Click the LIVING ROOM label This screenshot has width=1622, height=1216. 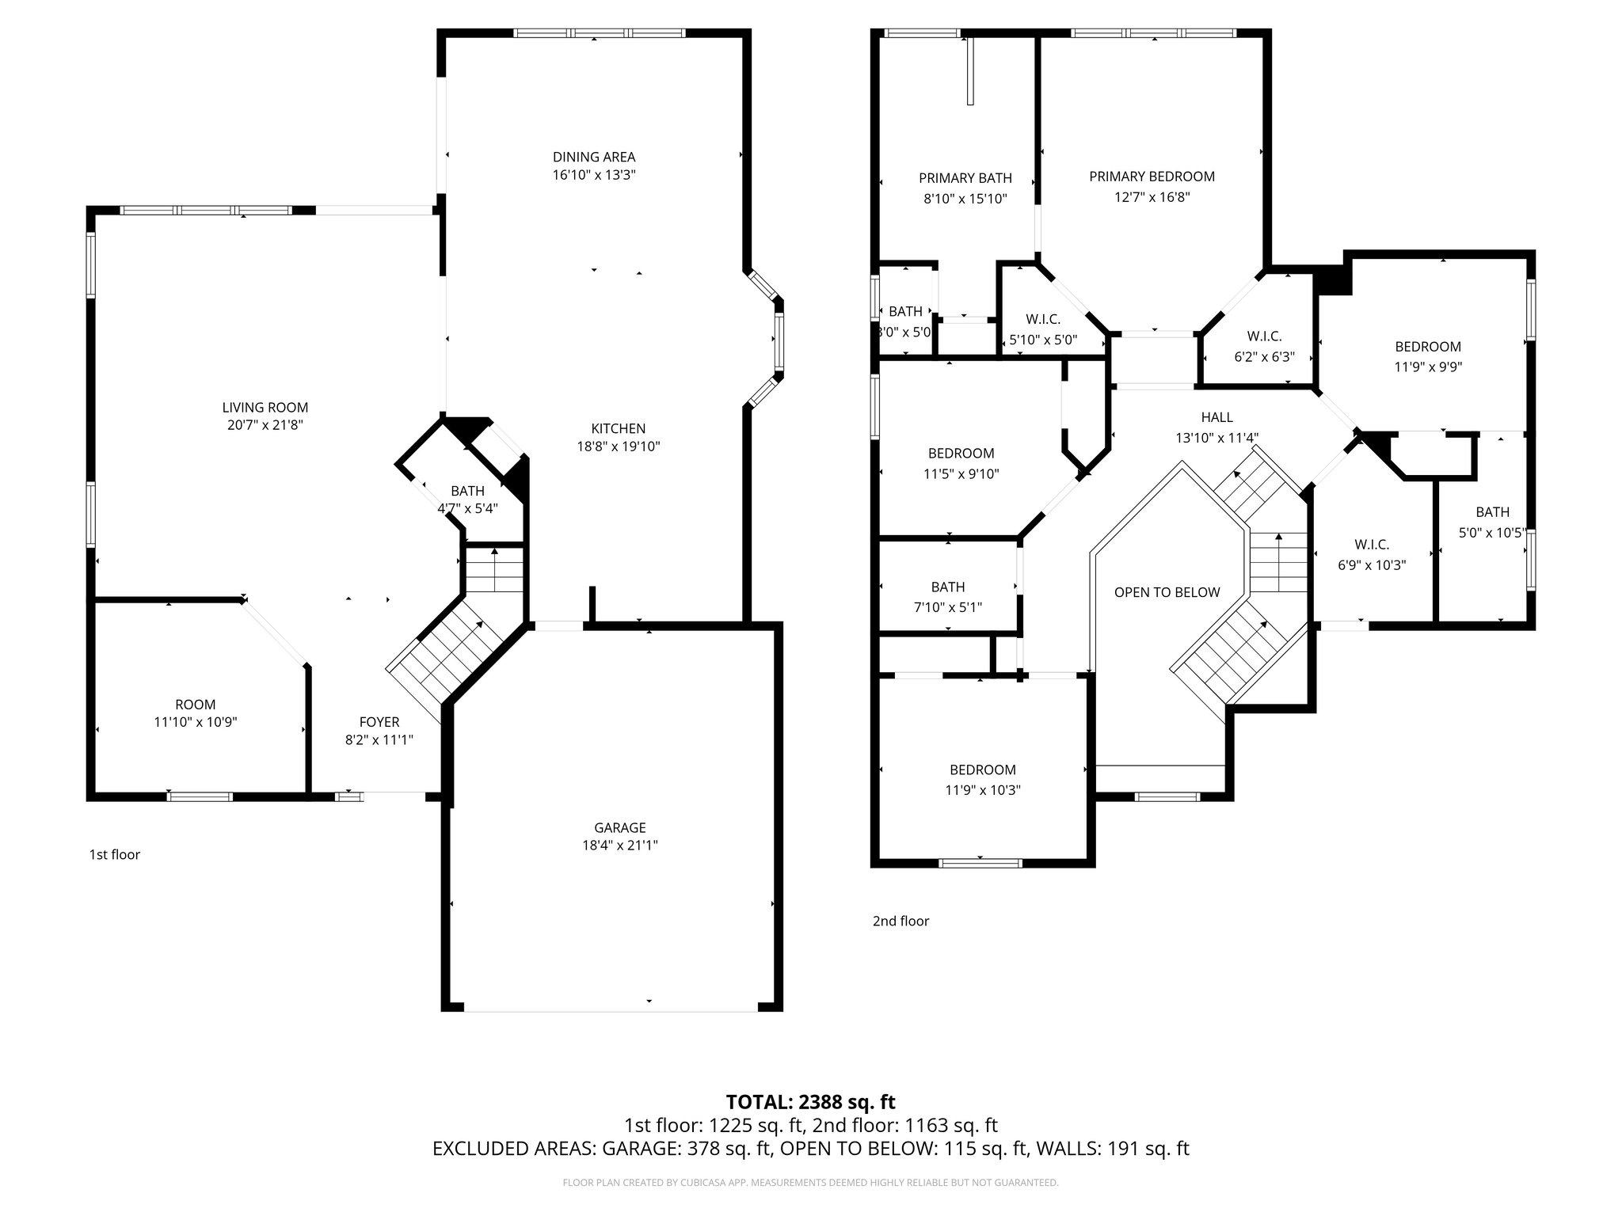(265, 408)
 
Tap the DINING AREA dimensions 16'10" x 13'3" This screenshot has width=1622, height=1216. (594, 175)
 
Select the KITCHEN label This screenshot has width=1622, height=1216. (618, 428)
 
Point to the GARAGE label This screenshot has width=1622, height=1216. (619, 827)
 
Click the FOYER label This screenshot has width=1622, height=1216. (379, 722)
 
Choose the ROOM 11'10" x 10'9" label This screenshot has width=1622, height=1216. (196, 705)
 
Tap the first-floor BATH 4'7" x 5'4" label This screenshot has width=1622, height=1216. (467, 491)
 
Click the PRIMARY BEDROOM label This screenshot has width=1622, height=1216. (1152, 177)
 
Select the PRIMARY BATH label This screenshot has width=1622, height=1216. (965, 178)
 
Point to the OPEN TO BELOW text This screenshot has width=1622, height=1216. (1167, 592)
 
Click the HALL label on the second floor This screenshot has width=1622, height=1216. (1216, 417)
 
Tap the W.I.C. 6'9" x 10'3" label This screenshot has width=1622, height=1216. (1371, 545)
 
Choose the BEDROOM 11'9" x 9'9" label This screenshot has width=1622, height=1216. (1428, 347)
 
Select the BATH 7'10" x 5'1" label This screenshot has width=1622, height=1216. (947, 587)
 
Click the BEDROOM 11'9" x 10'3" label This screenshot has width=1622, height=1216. (982, 769)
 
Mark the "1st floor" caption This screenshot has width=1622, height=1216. (114, 854)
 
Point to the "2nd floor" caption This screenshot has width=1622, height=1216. (900, 921)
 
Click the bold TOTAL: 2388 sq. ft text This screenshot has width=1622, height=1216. (810, 1101)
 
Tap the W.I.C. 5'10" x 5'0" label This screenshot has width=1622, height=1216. (1043, 319)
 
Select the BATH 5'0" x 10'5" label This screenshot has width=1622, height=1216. (1492, 512)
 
